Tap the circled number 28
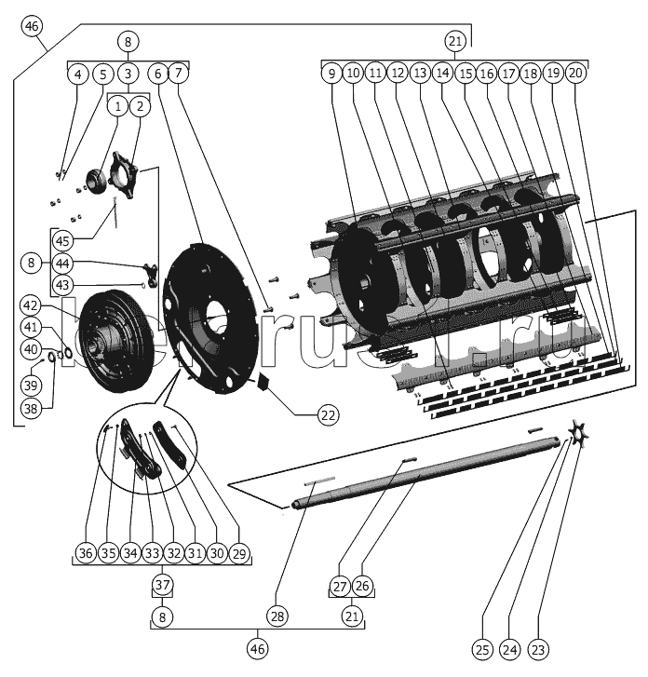tap(277, 616)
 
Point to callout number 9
tap(331, 72)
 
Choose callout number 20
tap(576, 72)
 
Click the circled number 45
tap(62, 240)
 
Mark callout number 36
tap(85, 554)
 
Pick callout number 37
tap(164, 585)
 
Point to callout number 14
tap(442, 72)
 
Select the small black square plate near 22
tap(263, 381)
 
